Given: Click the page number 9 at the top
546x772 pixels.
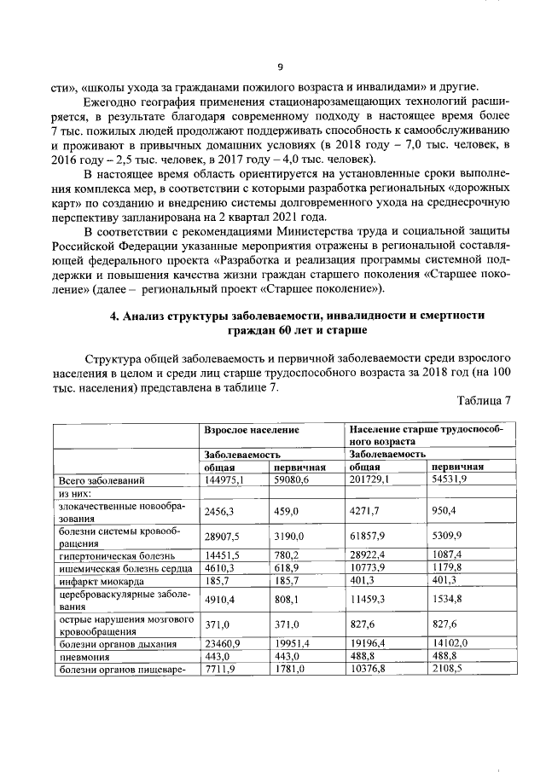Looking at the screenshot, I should point(280,67).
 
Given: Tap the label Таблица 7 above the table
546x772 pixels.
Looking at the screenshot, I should point(483,401).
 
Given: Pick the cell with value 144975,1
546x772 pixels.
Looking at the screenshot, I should point(224,480).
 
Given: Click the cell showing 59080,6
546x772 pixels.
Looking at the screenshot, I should point(292,480).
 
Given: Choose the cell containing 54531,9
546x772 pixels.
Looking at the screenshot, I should point(450,480).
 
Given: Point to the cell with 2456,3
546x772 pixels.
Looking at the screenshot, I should point(218,510).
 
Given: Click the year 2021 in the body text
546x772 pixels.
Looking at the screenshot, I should point(258,217).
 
